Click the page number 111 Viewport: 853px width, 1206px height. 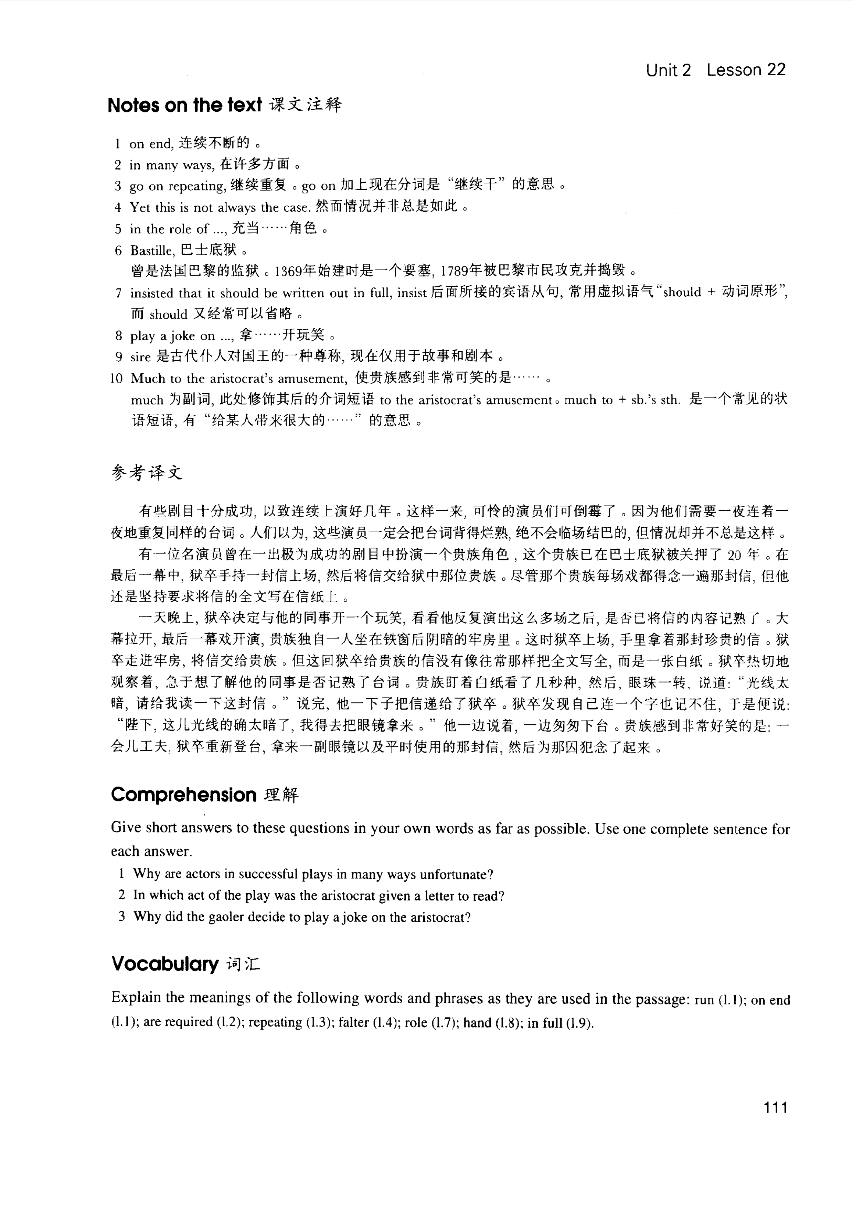pyautogui.click(x=775, y=1108)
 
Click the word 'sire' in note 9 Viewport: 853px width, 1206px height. pyautogui.click(x=140, y=357)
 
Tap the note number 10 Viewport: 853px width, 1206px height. pyautogui.click(x=116, y=378)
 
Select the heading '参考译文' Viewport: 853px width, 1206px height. pyautogui.click(x=147, y=472)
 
